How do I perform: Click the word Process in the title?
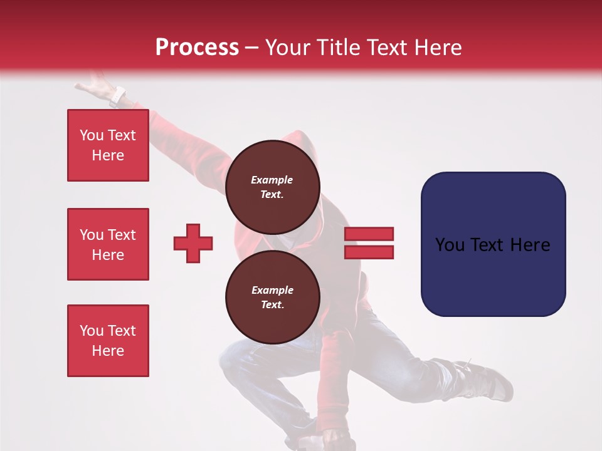click(x=197, y=48)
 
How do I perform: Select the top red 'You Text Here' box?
click(x=108, y=145)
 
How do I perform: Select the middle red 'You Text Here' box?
click(x=108, y=244)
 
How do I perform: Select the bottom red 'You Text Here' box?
click(x=108, y=341)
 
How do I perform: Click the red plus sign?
click(x=193, y=243)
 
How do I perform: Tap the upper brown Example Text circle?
click(x=272, y=187)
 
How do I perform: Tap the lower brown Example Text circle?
click(x=272, y=298)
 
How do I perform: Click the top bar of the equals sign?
click(x=369, y=234)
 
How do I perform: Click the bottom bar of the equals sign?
click(x=369, y=252)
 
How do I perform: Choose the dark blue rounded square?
click(x=493, y=244)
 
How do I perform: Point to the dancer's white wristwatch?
click(x=117, y=96)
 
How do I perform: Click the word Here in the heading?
click(x=437, y=48)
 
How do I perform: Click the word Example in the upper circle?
click(x=272, y=180)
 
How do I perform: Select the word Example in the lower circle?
click(x=272, y=290)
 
